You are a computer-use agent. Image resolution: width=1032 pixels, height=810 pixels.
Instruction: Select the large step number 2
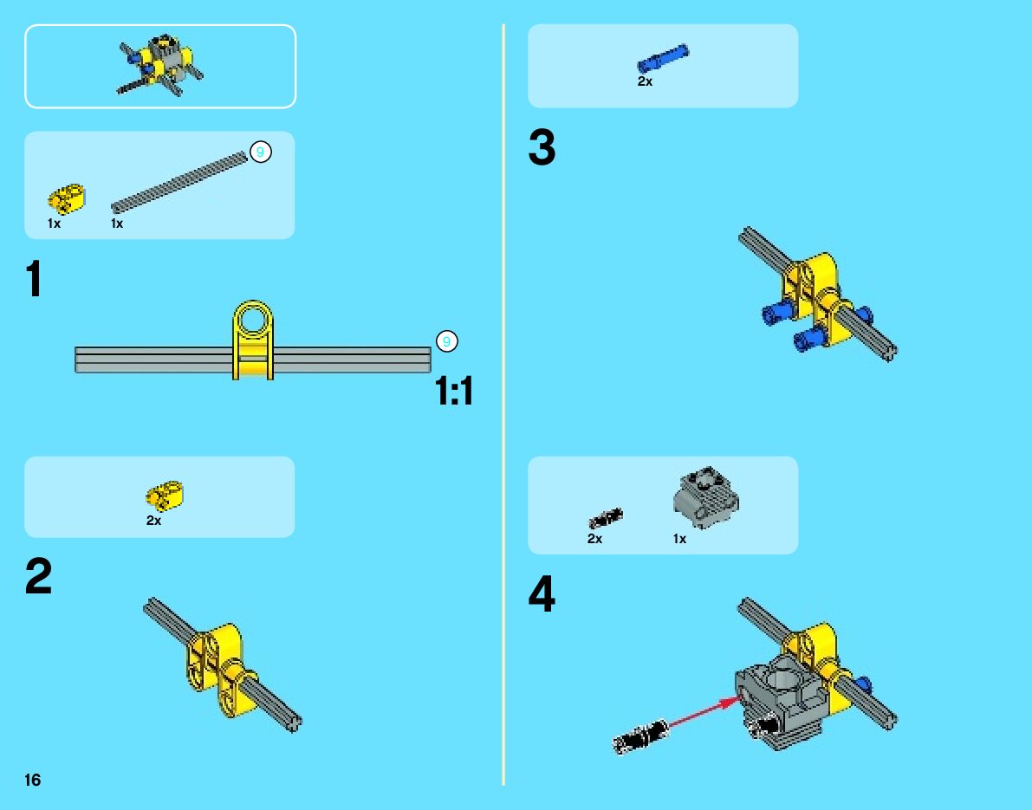38,576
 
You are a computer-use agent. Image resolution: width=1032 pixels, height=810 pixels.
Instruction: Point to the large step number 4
542,593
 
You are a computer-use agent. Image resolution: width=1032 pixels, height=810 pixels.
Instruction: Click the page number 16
32,780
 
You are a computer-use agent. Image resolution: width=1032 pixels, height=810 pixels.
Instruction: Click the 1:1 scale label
454,392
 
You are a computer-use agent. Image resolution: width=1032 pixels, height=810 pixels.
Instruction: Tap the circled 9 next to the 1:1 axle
447,341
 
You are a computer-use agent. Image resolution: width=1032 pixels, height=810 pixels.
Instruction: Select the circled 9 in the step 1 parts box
261,152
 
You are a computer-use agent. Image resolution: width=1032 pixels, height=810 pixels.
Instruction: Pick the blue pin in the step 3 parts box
663,59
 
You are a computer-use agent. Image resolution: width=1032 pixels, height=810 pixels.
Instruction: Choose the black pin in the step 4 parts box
606,519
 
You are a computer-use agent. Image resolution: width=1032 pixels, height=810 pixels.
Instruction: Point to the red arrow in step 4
702,713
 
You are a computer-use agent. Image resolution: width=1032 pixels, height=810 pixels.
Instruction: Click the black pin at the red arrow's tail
640,736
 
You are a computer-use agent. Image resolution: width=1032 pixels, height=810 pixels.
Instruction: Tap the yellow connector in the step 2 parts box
165,496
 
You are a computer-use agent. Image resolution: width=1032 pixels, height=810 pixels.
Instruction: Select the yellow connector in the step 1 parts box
67,198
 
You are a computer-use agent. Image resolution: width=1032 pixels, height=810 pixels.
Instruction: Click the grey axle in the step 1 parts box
179,182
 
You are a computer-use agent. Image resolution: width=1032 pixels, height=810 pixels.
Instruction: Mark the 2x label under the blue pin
645,81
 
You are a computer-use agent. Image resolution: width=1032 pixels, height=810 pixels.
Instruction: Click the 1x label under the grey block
679,539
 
